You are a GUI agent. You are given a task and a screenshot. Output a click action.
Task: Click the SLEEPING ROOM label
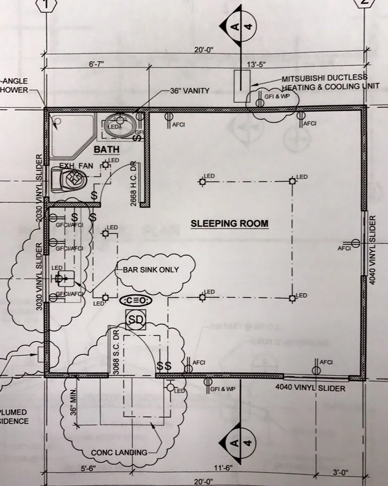[229, 224]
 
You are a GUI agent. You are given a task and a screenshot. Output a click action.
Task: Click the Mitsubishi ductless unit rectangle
[242, 87]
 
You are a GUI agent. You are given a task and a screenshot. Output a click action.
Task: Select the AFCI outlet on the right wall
[355, 244]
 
